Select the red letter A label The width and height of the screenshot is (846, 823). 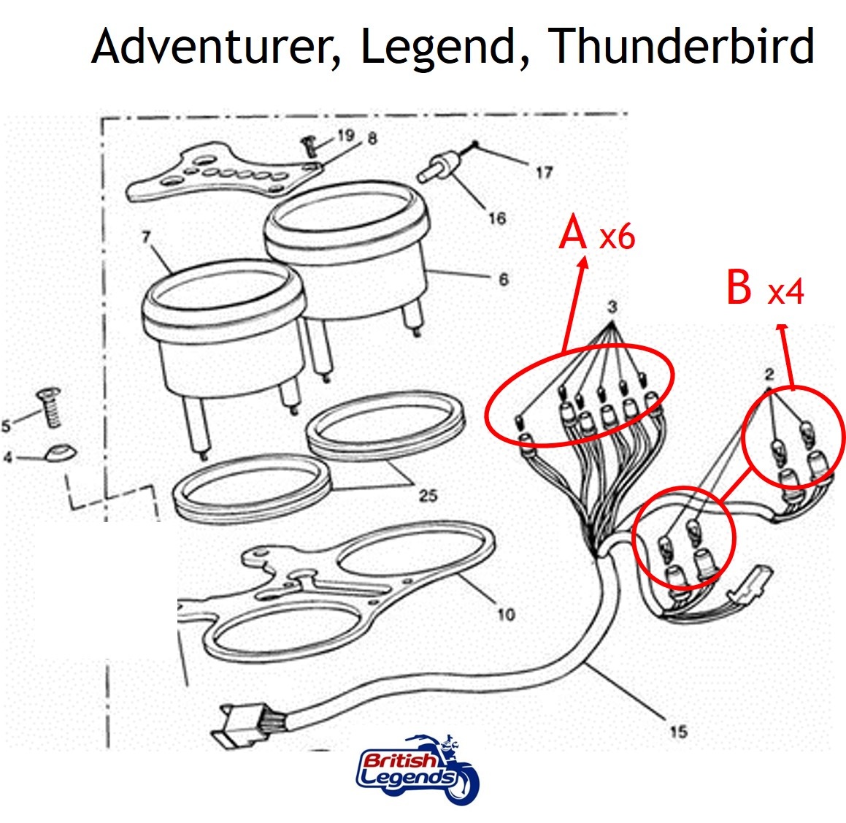coord(573,231)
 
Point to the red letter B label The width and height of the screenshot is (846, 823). coord(739,287)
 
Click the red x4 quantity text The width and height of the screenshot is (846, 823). coord(786,292)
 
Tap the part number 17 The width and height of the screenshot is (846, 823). coord(545,172)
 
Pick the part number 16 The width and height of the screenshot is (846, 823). coord(497,218)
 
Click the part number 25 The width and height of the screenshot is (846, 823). coord(428,495)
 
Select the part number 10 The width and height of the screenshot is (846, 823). coord(506,613)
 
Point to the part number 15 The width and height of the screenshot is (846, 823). coord(678,732)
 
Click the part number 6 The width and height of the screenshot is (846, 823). coord(504,279)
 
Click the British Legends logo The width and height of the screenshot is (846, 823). coord(418,768)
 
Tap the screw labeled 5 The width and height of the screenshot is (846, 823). coord(49,407)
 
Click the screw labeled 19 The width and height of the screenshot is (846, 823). coord(308,146)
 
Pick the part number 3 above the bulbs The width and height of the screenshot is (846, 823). coord(612,307)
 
